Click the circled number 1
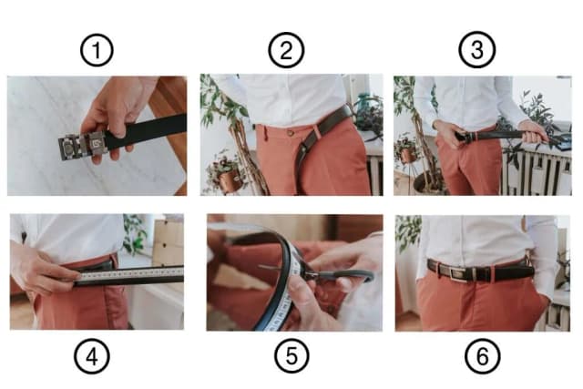click(x=97, y=50)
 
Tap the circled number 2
click(x=286, y=50)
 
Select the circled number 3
click(x=477, y=50)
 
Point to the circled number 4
click(x=92, y=356)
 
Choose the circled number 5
click(x=291, y=356)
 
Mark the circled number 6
click(x=482, y=356)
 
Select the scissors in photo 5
click(x=320, y=274)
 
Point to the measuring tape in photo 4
click(x=131, y=273)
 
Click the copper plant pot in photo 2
click(x=230, y=180)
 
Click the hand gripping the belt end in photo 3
click(x=535, y=132)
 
